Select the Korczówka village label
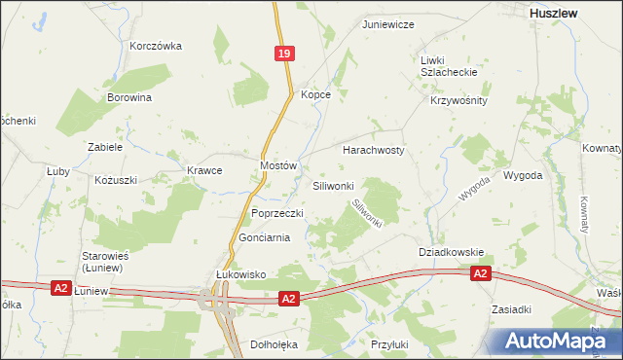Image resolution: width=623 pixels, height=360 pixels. (156, 46)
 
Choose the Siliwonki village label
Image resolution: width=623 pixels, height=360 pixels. (339, 185)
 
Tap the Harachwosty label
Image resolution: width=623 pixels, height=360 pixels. (373, 151)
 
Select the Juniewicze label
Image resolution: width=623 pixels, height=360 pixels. (388, 24)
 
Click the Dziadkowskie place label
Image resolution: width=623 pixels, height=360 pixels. (451, 252)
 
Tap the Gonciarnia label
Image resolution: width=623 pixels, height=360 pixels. (264, 238)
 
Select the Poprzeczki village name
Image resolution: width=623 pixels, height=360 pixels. (277, 213)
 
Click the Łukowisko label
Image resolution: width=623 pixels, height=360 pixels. (240, 274)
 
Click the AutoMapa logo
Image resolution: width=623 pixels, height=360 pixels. (557, 341)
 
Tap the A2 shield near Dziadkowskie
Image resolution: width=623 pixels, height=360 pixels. (481, 275)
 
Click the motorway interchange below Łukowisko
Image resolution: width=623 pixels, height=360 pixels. (216, 304)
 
